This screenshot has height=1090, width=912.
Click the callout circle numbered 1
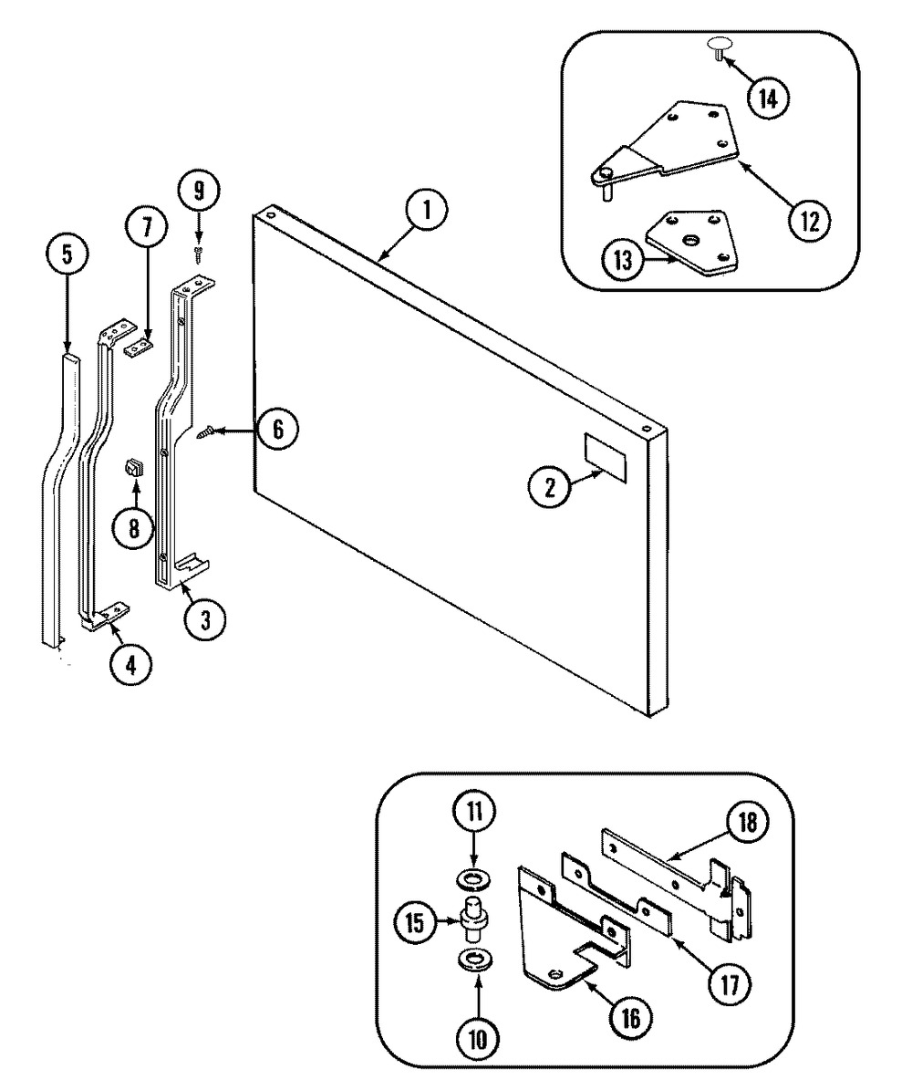click(426, 213)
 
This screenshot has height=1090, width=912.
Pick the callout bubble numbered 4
click(131, 666)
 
